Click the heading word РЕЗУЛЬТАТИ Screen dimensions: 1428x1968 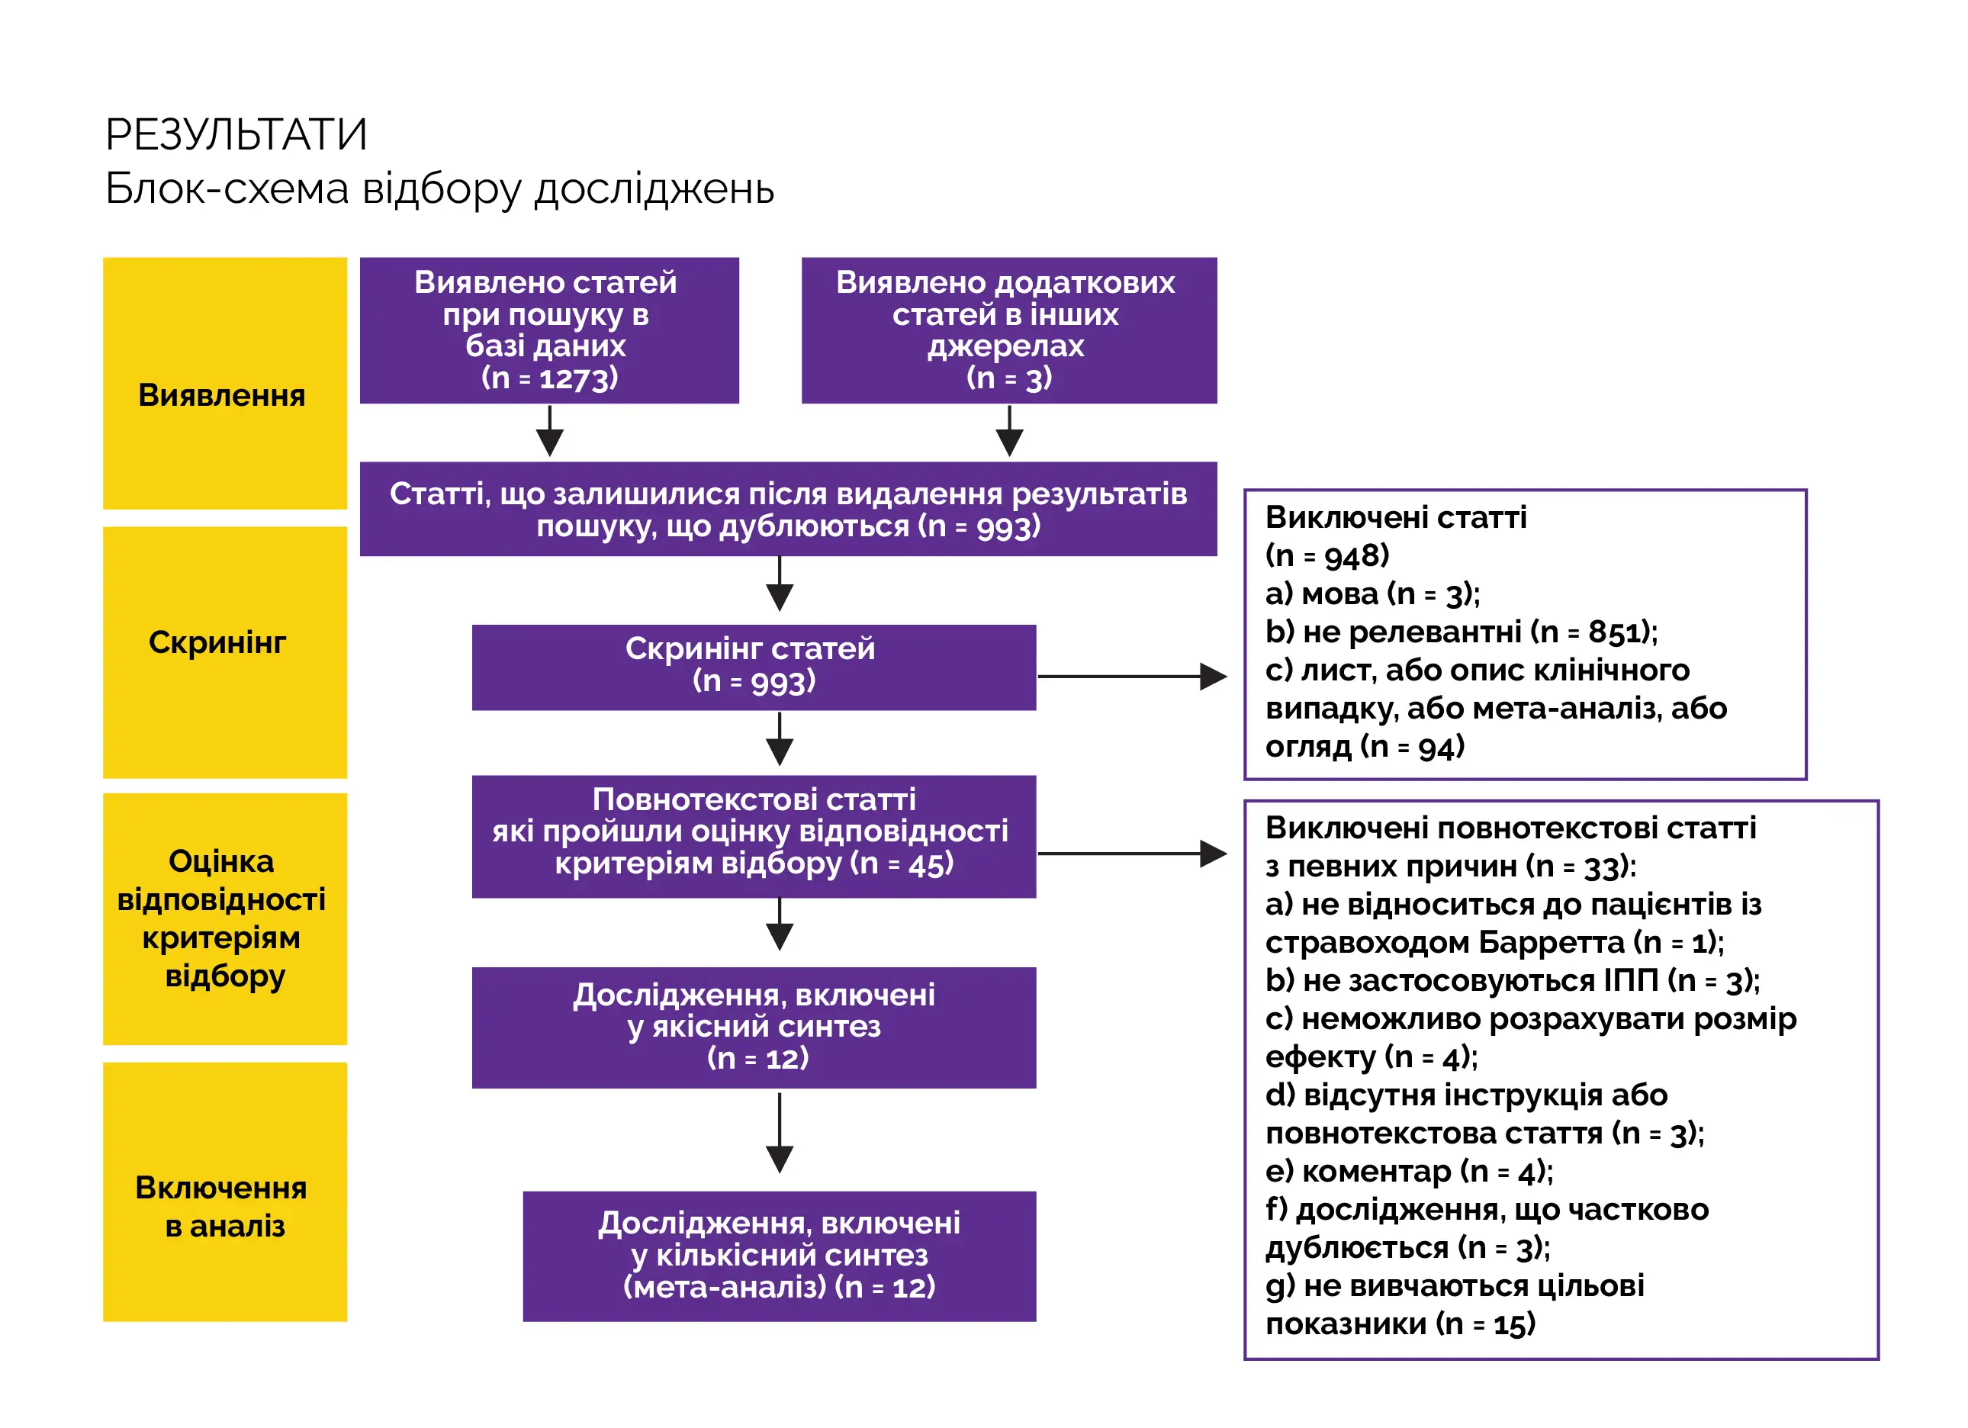(x=236, y=135)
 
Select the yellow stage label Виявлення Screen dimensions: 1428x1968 (x=222, y=396)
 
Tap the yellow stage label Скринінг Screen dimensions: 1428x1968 (x=217, y=643)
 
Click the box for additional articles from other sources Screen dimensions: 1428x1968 (x=1008, y=330)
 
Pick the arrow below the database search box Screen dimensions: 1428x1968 (x=550, y=432)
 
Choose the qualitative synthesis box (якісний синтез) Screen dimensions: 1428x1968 (x=753, y=1028)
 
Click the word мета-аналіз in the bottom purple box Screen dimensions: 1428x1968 (x=726, y=1288)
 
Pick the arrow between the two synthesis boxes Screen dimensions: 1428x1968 (x=780, y=1132)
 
